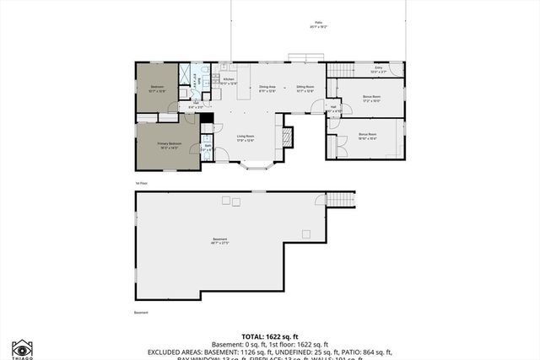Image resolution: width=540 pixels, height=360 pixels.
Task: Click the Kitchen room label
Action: (229, 80)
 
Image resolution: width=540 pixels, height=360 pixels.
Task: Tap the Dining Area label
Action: (267, 88)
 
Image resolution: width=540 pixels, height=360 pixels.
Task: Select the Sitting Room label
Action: (305, 88)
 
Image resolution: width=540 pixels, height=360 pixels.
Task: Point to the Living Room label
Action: (245, 138)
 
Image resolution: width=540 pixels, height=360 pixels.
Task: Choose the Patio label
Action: (317, 25)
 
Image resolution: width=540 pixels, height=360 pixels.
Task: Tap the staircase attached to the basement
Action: (338, 199)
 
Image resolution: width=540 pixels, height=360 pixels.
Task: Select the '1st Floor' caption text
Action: (141, 182)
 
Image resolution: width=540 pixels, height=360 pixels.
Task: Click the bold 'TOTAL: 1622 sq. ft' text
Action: (269, 335)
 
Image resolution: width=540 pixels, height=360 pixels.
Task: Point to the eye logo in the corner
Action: (22, 347)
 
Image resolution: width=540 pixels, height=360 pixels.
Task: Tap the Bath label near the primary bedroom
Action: (208, 146)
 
